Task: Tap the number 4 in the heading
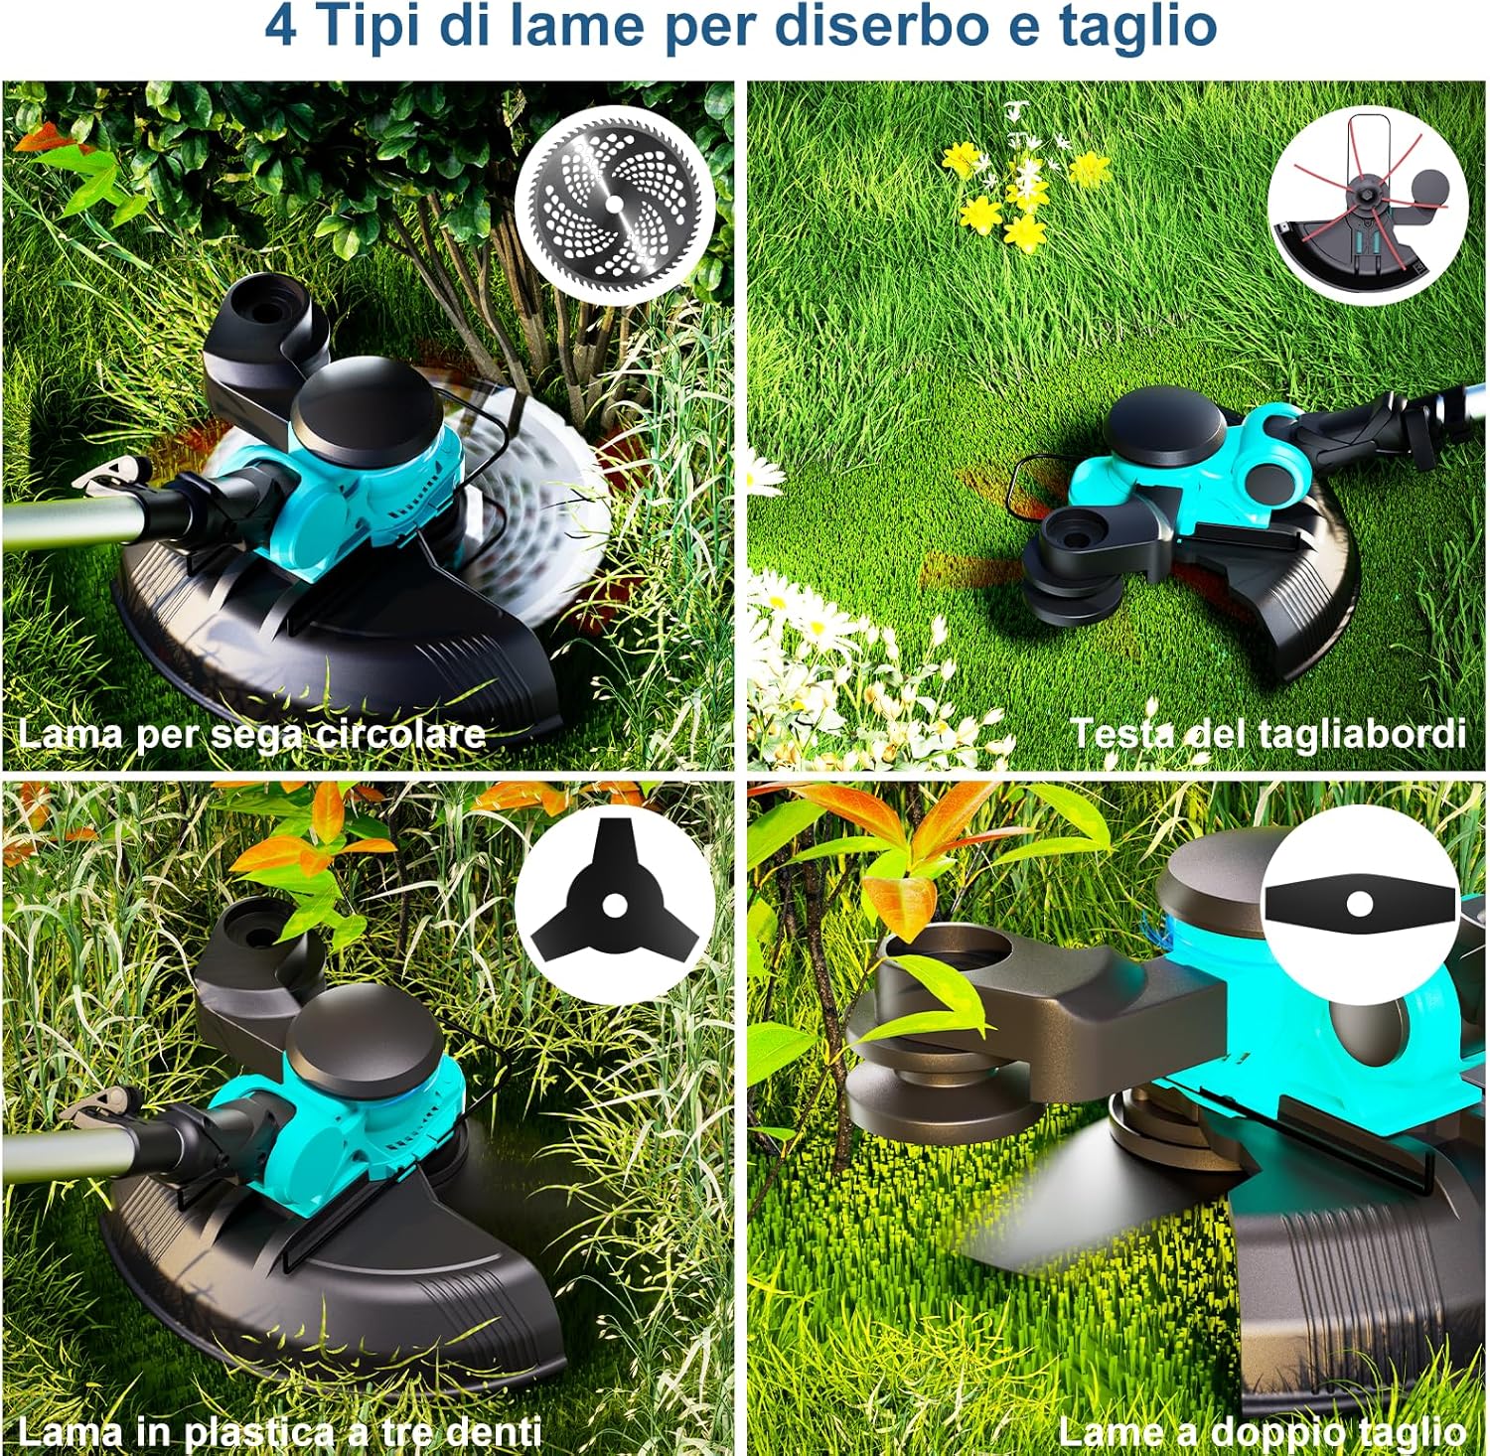click(280, 27)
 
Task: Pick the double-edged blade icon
click(1360, 904)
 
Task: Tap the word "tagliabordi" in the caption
click(1360, 734)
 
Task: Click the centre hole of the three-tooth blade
click(614, 905)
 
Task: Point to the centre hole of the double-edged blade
click(1360, 904)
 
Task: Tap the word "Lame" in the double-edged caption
click(1102, 1433)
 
